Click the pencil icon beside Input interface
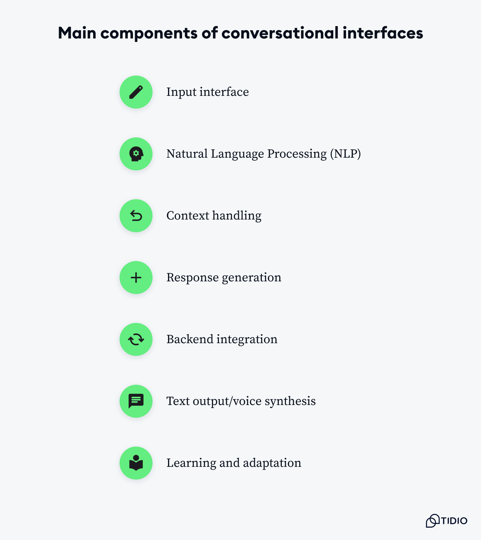[x=136, y=92]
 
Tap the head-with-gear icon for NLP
[x=136, y=154]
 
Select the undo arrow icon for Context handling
[x=136, y=216]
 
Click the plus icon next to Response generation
[x=136, y=278]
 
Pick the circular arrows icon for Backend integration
[x=136, y=339]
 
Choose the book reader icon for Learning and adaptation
[x=136, y=463]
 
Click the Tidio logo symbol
[x=433, y=521]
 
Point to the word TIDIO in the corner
[x=454, y=521]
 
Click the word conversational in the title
[x=280, y=33]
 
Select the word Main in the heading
[x=77, y=33]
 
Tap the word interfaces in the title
[x=383, y=33]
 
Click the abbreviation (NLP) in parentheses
[x=346, y=154]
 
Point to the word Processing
[x=297, y=154]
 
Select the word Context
[x=188, y=216]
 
